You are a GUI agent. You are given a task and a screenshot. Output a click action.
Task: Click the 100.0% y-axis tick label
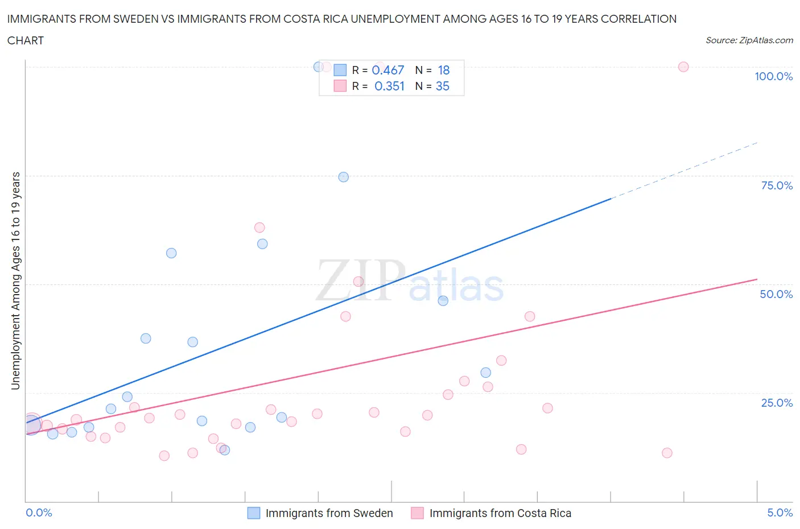click(x=773, y=76)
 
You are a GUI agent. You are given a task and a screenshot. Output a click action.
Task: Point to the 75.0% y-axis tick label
click(x=777, y=185)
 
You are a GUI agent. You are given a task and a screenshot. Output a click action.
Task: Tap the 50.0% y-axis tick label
click(x=776, y=294)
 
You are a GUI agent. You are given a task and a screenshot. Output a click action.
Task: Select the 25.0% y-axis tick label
click(x=777, y=403)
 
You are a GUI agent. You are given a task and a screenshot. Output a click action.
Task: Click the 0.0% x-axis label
click(x=39, y=513)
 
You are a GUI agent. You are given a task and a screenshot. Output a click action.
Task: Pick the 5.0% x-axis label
click(x=780, y=513)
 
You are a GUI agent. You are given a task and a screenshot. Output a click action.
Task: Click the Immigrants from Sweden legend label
click(x=329, y=513)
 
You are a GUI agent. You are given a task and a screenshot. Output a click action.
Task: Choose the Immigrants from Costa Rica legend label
click(x=500, y=513)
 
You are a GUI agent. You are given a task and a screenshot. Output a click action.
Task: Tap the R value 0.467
click(x=387, y=70)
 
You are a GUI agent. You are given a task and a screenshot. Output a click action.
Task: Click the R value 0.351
click(x=389, y=86)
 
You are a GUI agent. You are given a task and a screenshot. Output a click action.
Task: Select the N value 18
click(x=444, y=70)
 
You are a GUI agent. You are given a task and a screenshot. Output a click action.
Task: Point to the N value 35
click(x=442, y=86)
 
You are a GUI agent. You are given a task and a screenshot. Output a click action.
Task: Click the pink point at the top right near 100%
click(x=683, y=67)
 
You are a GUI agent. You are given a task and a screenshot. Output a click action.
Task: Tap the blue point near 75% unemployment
click(x=343, y=177)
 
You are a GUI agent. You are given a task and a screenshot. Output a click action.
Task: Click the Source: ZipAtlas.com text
click(x=749, y=40)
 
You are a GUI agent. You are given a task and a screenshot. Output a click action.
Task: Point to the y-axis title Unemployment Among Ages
click(x=15, y=280)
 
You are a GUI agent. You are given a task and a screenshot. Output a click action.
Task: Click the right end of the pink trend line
click(x=756, y=279)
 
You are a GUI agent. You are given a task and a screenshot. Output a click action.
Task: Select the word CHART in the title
click(x=26, y=40)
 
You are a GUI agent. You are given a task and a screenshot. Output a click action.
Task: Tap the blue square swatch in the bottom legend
click(x=254, y=513)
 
